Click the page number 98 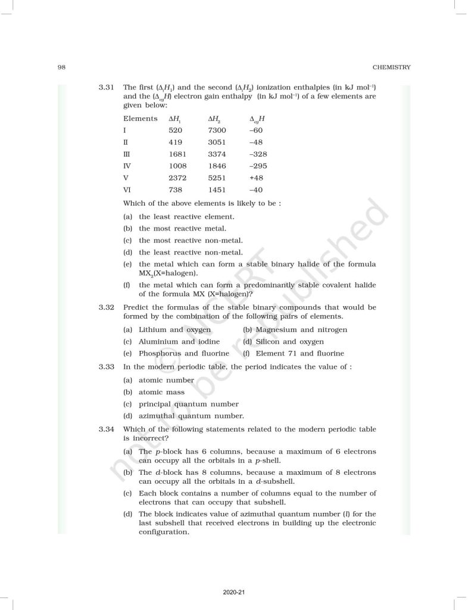click(x=61, y=67)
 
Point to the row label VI click(x=127, y=189)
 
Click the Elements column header click(x=141, y=118)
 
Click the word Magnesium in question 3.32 click(x=276, y=329)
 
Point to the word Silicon click(x=269, y=341)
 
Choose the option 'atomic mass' click(x=161, y=392)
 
